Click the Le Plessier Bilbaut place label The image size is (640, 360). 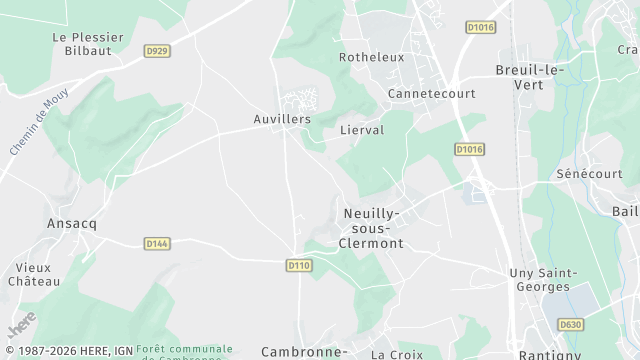coord(88,45)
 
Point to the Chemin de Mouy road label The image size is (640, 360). coord(28,125)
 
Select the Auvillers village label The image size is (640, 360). coord(282,119)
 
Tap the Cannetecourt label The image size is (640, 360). coord(432,94)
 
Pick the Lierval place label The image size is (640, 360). coord(362,130)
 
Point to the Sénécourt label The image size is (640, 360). coord(589,173)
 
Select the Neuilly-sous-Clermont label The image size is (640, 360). coord(372,228)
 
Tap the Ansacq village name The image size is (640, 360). coord(72,223)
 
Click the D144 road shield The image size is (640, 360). coord(157,243)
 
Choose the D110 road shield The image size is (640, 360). coord(298,265)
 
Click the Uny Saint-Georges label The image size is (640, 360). coord(543,280)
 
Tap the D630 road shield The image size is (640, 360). coord(570,324)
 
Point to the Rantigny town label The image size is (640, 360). coord(549,354)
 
